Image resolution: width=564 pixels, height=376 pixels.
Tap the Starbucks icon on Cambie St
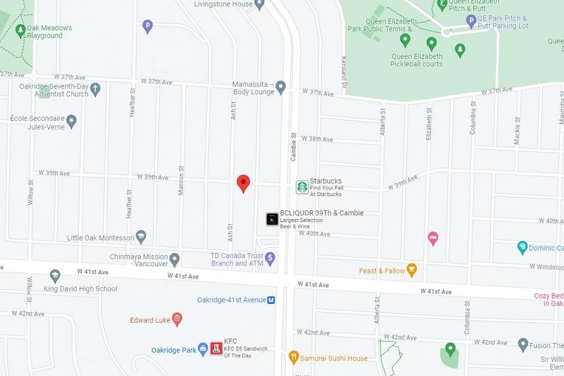[x=302, y=187]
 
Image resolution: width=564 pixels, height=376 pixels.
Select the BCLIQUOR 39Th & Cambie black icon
[x=272, y=218]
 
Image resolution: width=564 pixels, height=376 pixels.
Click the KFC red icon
[x=216, y=348]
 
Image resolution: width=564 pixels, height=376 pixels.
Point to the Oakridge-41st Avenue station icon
[x=271, y=300]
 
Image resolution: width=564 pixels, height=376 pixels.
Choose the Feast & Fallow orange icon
[x=412, y=271]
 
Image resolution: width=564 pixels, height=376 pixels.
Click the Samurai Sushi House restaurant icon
[x=294, y=357]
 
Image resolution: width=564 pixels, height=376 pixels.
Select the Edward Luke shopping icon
[x=177, y=320]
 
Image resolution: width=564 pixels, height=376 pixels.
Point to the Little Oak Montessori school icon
[x=141, y=237]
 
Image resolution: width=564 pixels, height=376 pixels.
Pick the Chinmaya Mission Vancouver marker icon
[x=175, y=259]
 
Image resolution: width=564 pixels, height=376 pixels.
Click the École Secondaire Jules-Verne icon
[x=71, y=120]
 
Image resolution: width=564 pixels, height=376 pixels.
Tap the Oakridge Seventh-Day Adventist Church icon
[x=95, y=90]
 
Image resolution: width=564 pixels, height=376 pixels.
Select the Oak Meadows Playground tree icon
[x=20, y=30]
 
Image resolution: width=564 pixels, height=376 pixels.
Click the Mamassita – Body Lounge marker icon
[x=281, y=87]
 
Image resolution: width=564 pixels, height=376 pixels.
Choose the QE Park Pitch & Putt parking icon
[x=471, y=22]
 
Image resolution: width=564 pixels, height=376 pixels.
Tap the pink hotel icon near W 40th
[x=433, y=238]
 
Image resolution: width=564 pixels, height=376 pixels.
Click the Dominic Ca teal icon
[x=522, y=248]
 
